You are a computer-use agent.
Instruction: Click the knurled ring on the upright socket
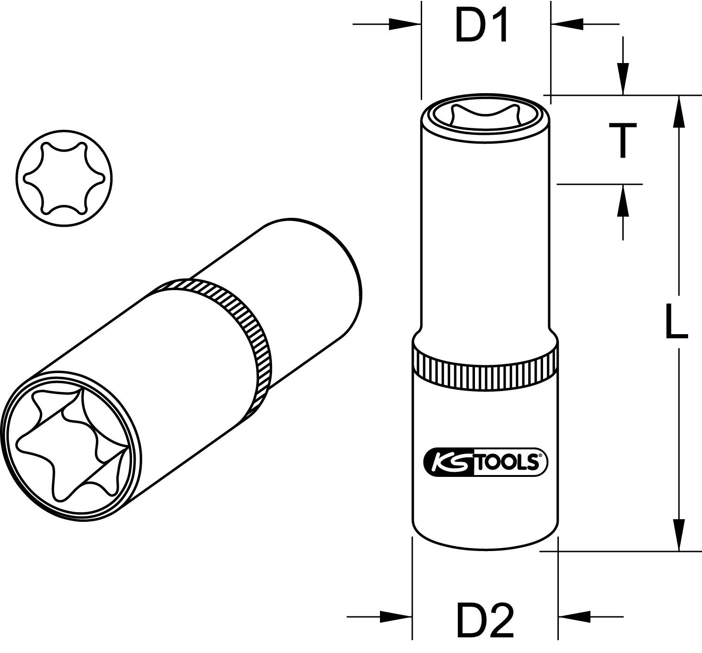tap(485, 368)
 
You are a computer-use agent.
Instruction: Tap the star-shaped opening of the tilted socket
tap(72, 443)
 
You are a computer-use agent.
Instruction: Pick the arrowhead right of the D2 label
tap(575, 616)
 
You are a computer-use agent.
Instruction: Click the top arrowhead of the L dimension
tap(679, 111)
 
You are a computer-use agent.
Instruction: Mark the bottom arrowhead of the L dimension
tap(679, 535)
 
